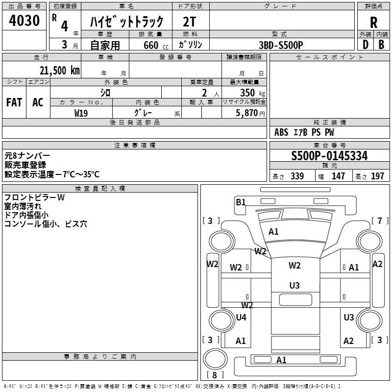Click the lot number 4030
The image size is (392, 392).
(24, 21)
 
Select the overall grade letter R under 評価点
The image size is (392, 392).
(373, 23)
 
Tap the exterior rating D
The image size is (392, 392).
(366, 45)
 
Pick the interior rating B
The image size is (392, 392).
(381, 45)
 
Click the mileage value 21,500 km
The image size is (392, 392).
(59, 71)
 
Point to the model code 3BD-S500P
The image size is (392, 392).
(281, 45)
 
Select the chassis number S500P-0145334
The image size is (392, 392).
(329, 156)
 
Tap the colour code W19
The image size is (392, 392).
(81, 113)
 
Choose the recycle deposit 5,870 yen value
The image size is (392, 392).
(250, 113)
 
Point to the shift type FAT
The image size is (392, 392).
(14, 102)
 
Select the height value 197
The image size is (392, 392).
(377, 176)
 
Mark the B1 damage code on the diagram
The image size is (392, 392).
(241, 202)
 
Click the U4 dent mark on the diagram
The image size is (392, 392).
(241, 317)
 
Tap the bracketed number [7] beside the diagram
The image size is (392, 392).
(380, 221)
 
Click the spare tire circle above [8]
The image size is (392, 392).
(215, 359)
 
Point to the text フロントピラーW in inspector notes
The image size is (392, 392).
(34, 197)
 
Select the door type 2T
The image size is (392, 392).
(189, 22)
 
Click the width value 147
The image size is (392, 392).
(338, 176)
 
